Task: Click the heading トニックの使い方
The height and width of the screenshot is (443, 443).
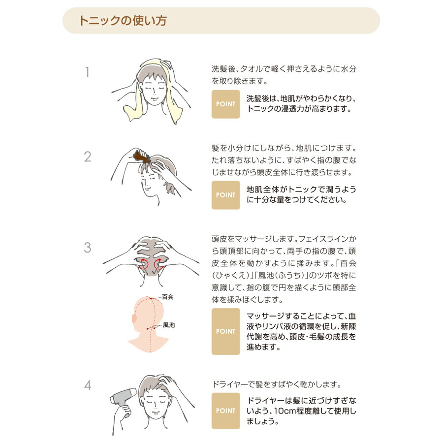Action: pos(123,21)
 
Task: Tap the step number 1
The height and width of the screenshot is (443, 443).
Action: pos(88,72)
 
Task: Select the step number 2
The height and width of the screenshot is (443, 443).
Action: pos(88,157)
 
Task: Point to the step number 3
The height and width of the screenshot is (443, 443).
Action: pos(88,248)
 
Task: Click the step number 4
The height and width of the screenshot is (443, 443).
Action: pos(88,385)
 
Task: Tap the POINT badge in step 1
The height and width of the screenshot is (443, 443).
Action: pos(226,104)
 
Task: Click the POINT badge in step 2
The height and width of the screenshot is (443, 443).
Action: pos(226,195)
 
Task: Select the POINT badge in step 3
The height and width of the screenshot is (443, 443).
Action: pos(226,331)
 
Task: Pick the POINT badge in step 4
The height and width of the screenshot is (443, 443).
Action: pos(226,411)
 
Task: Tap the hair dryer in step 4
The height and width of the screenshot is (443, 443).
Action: pos(122,400)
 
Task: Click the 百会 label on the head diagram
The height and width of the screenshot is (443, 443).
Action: pos(167,297)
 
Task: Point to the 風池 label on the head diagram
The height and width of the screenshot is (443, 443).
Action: pos(169,325)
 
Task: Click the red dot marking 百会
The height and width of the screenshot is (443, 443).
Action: pos(151,298)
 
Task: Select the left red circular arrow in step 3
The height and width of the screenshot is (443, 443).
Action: pos(144,263)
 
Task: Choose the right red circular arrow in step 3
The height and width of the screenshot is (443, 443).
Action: pos(158,263)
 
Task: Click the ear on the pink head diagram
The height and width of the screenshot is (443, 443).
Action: pos(134,318)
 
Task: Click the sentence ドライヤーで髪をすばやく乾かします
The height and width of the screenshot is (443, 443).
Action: pos(276,384)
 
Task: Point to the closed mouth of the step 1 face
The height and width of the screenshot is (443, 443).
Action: pos(154,98)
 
